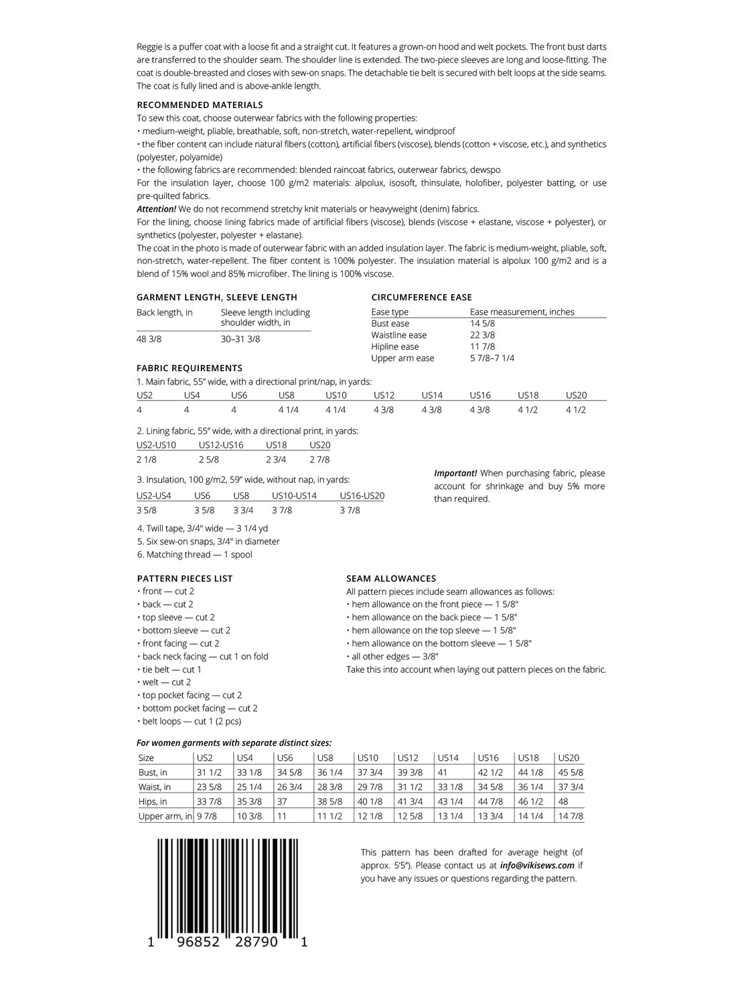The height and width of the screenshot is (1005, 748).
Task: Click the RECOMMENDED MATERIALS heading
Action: (x=200, y=105)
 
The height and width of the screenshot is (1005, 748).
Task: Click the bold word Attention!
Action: (x=156, y=209)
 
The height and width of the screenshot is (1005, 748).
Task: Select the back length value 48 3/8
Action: (x=149, y=339)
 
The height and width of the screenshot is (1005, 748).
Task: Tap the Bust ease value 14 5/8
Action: (x=482, y=324)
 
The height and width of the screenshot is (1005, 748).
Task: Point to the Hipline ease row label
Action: (x=395, y=346)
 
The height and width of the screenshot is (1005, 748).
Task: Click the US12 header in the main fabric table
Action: (x=384, y=395)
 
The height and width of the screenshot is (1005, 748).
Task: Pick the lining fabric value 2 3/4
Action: (x=276, y=460)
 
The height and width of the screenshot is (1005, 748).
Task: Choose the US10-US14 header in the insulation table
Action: (x=294, y=496)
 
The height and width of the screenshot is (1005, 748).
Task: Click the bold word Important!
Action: (x=455, y=473)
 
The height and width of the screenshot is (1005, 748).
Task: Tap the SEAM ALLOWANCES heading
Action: (x=391, y=578)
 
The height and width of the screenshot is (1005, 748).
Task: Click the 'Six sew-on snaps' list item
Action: (x=208, y=541)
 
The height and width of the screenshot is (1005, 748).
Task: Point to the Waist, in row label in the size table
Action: (x=155, y=787)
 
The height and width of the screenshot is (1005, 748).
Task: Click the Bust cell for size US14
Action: (x=443, y=773)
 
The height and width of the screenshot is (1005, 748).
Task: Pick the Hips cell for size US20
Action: (x=563, y=802)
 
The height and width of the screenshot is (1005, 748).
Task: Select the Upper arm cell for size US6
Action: (x=282, y=816)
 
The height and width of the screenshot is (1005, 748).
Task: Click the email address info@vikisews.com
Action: (x=537, y=866)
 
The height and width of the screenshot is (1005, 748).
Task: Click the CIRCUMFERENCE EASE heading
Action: (x=421, y=297)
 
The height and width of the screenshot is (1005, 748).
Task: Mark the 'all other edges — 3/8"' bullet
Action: (x=395, y=657)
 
